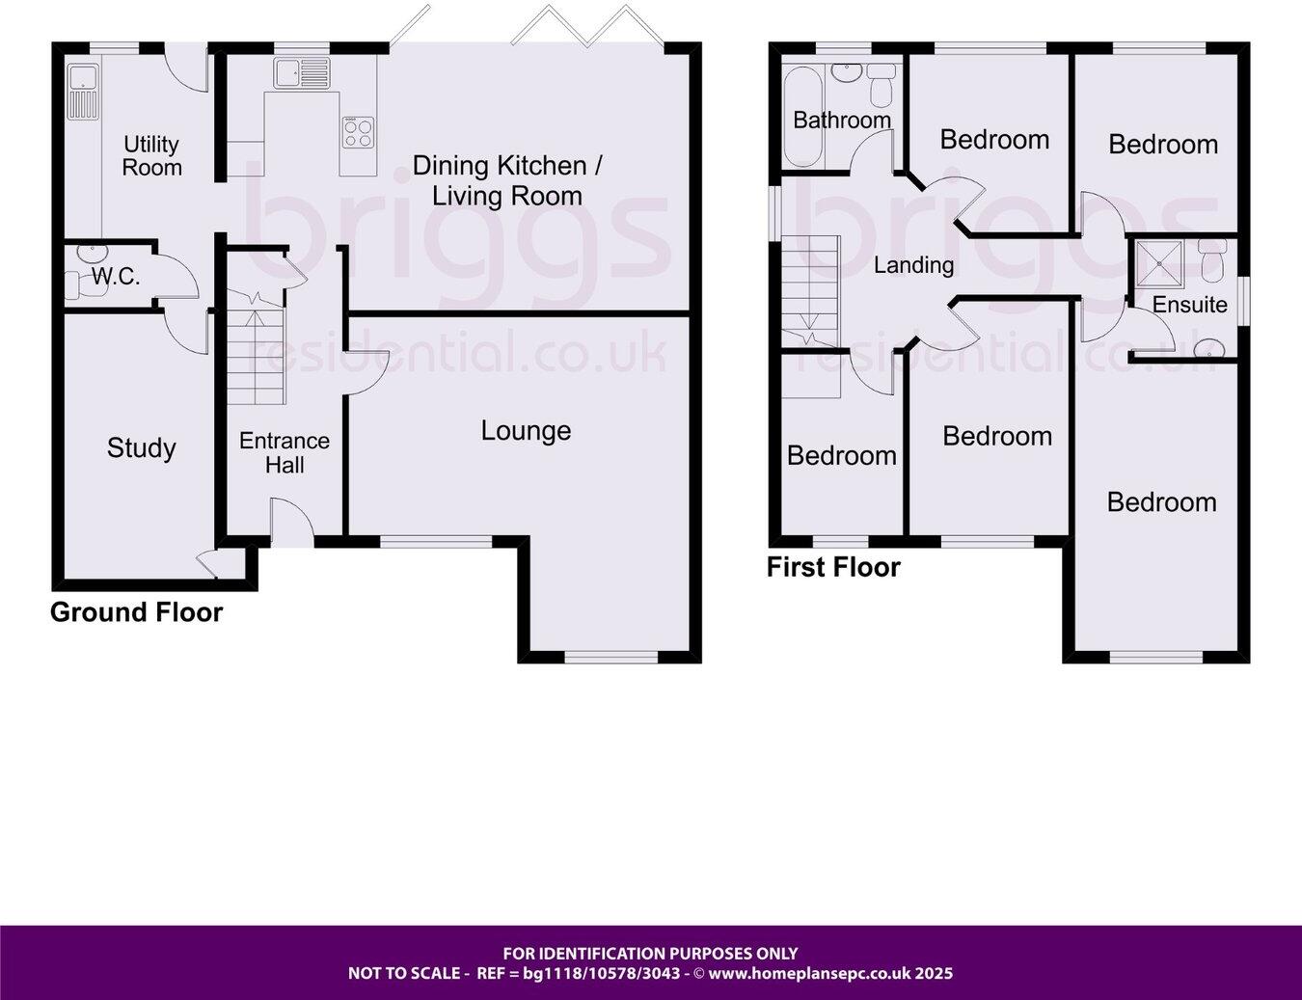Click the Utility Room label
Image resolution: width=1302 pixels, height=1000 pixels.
click(x=151, y=156)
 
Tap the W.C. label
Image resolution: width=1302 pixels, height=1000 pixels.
click(x=116, y=278)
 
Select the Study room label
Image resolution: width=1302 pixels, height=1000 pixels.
click(x=141, y=447)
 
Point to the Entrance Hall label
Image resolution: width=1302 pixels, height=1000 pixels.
click(x=285, y=452)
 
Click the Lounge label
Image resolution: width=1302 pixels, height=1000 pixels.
click(x=526, y=430)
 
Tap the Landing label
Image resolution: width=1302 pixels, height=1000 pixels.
click(x=913, y=264)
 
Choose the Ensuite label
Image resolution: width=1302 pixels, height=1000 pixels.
click(x=1189, y=305)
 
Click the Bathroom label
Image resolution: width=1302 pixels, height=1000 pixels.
click(x=842, y=120)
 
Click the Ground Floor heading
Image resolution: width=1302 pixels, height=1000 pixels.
click(x=136, y=612)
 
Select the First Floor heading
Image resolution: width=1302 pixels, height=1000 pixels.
click(x=833, y=567)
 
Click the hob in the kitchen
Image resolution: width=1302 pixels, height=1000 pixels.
click(x=357, y=133)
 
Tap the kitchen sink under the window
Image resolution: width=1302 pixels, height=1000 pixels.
click(x=300, y=73)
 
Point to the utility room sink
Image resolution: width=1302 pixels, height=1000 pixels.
click(x=81, y=88)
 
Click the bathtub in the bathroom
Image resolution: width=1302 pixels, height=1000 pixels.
click(x=802, y=116)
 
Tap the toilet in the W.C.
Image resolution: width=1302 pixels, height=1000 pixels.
click(x=73, y=284)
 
